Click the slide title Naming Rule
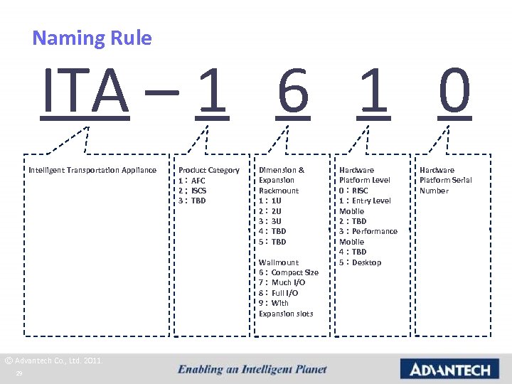click(92, 38)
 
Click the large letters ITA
click(85, 92)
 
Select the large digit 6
click(293, 92)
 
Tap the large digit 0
click(454, 92)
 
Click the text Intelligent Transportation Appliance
click(92, 170)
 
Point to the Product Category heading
click(208, 170)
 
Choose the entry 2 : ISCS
click(193, 191)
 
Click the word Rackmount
click(279, 191)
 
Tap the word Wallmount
click(279, 262)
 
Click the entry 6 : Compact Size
click(289, 272)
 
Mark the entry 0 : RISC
click(354, 191)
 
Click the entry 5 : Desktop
click(361, 262)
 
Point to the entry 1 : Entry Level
click(365, 201)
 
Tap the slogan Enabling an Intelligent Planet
click(252, 369)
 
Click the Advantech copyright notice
click(53, 361)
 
